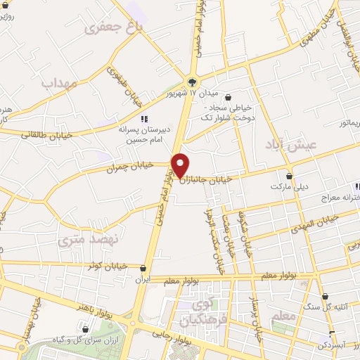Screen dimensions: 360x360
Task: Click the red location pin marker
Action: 180,165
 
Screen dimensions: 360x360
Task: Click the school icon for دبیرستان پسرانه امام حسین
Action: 144,119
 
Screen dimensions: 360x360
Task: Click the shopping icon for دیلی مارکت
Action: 289,176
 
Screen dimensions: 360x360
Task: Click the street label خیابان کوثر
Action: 106,265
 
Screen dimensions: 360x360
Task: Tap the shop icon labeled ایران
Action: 143,268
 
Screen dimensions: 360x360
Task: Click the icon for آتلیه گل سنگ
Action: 325,296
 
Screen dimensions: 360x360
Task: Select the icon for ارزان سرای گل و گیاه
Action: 85,328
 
